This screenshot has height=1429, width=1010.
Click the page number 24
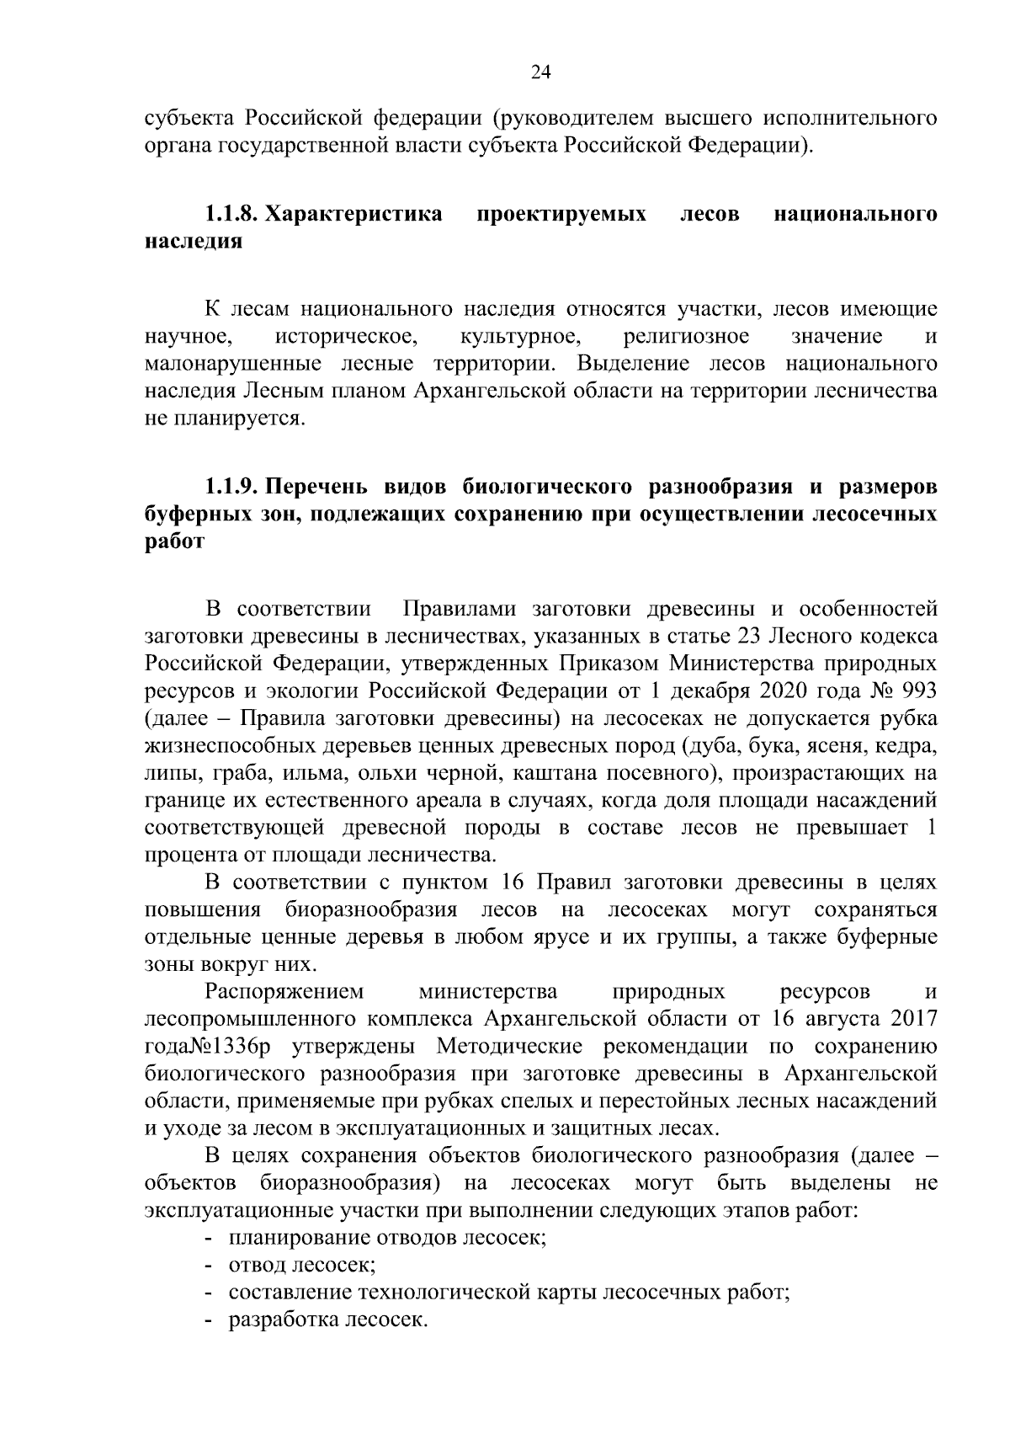540,73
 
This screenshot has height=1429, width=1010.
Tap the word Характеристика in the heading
353,214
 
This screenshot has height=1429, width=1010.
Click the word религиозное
686,337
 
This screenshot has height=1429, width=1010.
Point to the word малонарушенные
233,364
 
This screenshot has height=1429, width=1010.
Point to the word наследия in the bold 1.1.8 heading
194,242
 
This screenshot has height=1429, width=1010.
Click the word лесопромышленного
250,1019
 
